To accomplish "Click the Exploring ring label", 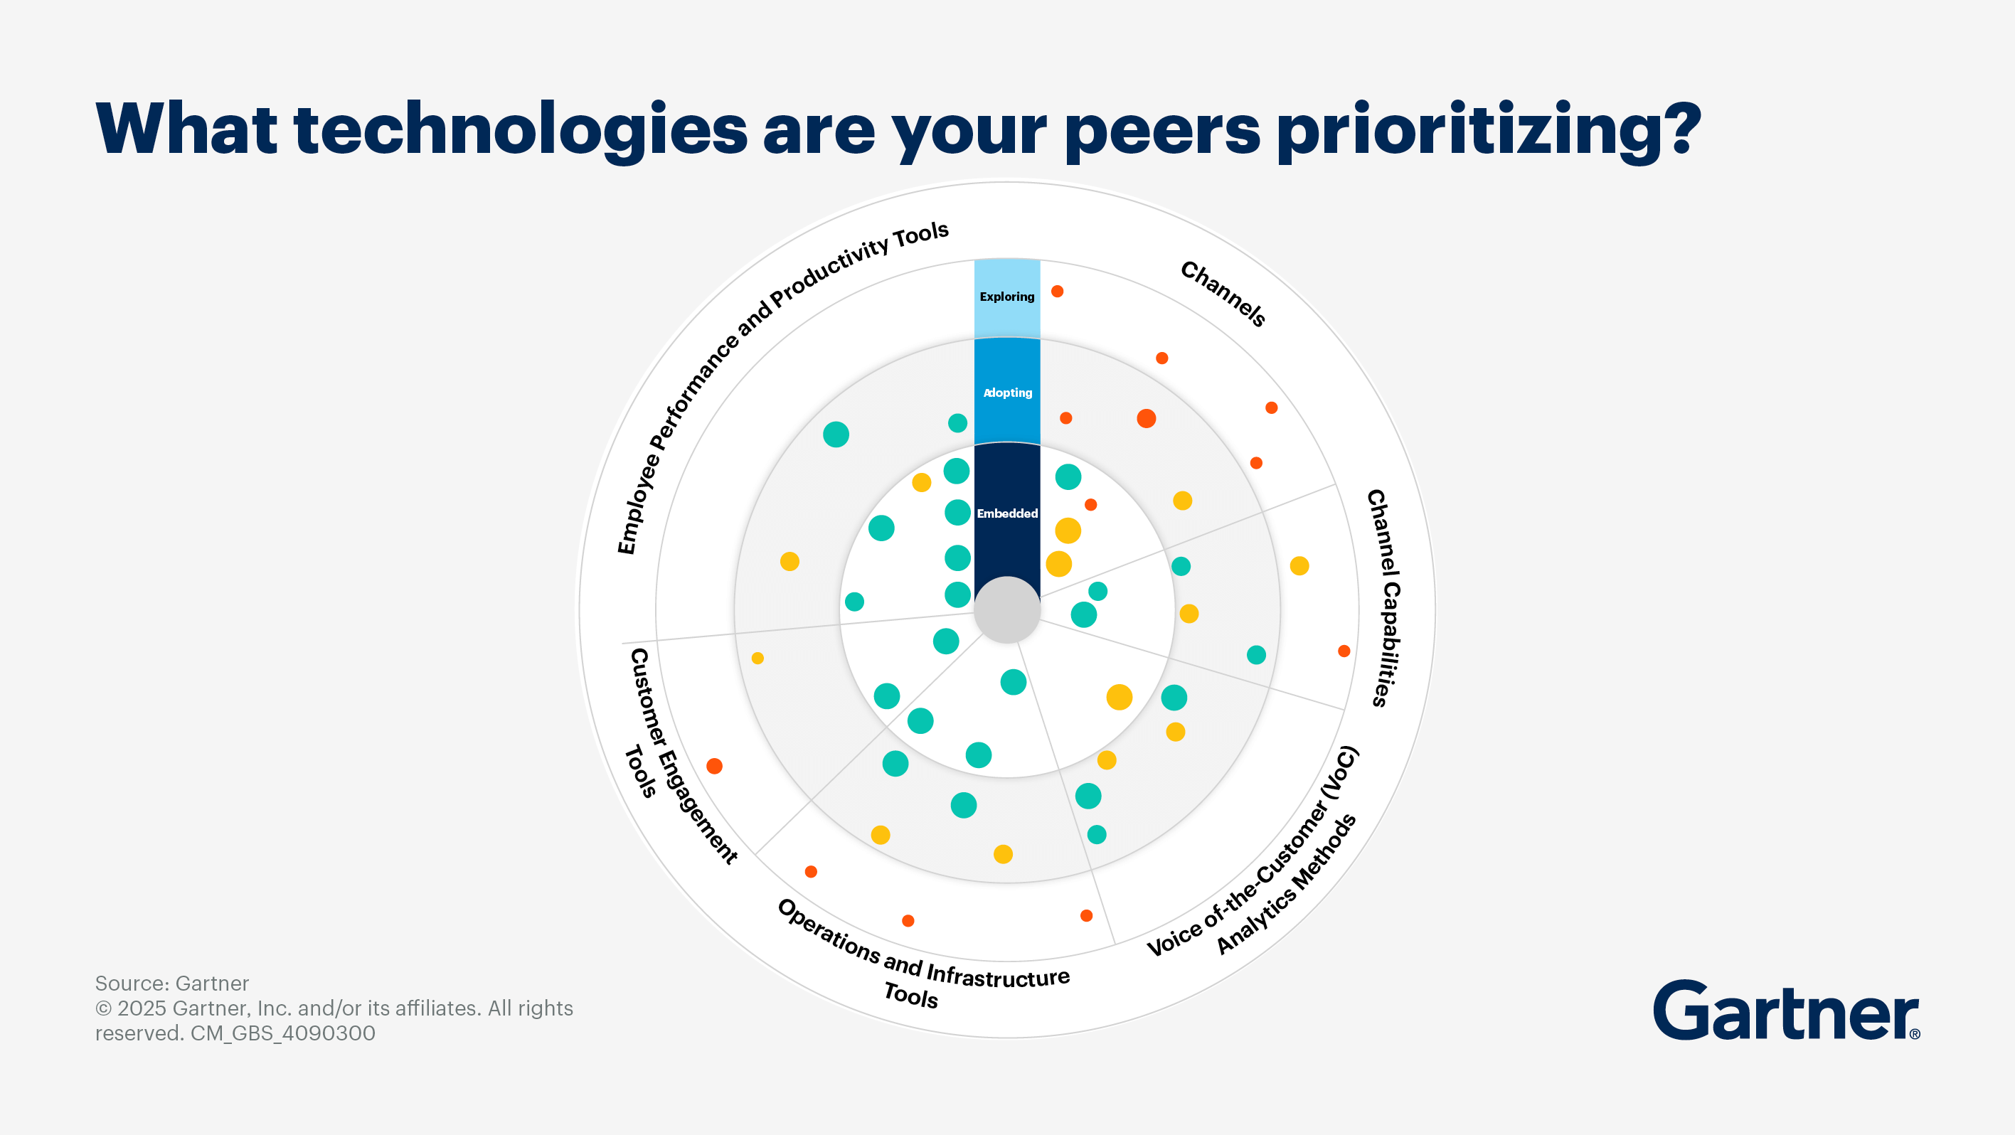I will tap(1006, 297).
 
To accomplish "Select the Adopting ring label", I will tap(1007, 393).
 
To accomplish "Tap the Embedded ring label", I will tap(1006, 513).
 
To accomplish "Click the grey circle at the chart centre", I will tap(1006, 610).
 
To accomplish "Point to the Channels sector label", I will tap(1223, 293).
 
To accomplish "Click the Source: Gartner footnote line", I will tap(172, 984).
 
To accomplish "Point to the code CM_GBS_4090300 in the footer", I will tap(283, 1033).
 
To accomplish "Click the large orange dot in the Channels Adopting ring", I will tap(1146, 418).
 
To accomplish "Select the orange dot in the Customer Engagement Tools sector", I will tap(714, 766).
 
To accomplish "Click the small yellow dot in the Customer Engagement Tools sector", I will tap(757, 658).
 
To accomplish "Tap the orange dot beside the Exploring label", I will tap(1057, 291).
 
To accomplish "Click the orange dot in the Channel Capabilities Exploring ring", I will tap(1344, 651).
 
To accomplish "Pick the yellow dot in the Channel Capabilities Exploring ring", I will tap(1299, 565).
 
